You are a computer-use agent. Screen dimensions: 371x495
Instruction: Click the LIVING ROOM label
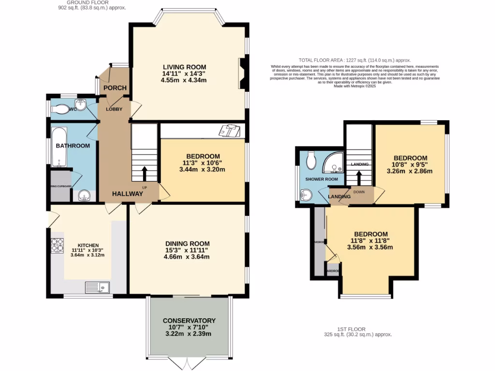click(x=184, y=67)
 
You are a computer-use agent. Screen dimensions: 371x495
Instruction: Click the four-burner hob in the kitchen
click(x=58, y=246)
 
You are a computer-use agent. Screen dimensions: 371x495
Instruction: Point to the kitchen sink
click(x=97, y=287)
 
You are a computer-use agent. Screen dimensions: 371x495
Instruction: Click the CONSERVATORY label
click(x=189, y=320)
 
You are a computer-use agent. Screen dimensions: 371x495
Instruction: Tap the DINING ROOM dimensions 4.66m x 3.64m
click(x=187, y=257)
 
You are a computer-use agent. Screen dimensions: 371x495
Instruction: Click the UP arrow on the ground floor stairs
click(x=145, y=171)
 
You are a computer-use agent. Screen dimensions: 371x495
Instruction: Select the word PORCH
click(x=115, y=87)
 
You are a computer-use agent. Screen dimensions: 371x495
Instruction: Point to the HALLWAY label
click(x=128, y=194)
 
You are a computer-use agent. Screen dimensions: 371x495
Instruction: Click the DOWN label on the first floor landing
click(x=359, y=191)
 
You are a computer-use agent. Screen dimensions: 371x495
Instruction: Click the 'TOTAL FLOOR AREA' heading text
click(x=329, y=60)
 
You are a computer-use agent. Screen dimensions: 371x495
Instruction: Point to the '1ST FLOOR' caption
click(x=351, y=329)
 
